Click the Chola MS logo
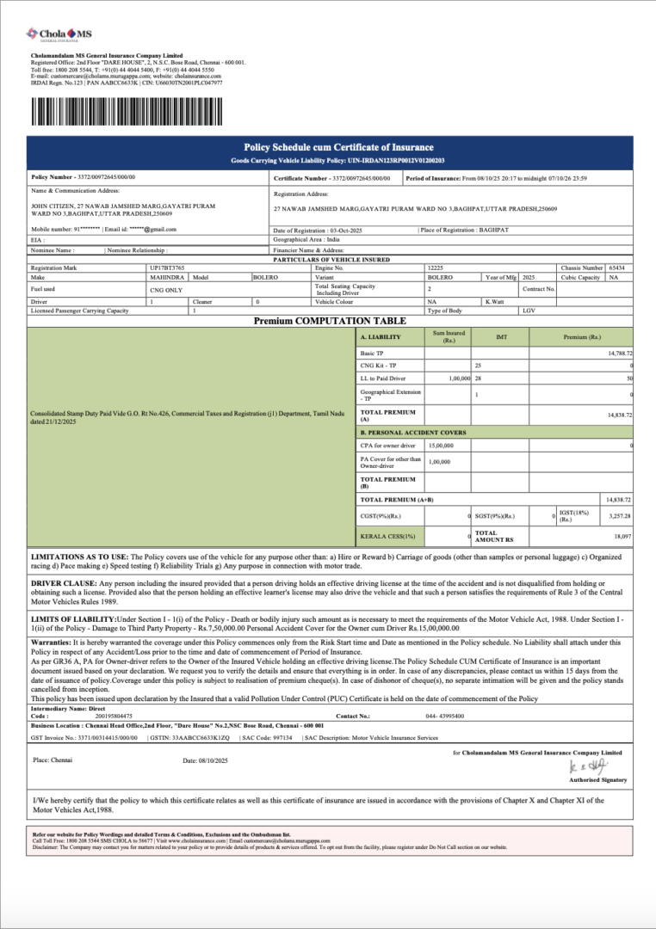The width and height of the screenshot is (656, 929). (x=59, y=35)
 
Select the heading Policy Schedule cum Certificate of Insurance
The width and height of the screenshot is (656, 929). (x=338, y=147)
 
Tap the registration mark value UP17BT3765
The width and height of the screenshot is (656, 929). (x=168, y=268)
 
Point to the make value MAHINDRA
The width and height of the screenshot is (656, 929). (x=166, y=278)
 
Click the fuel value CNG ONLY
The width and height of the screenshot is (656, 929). (x=166, y=291)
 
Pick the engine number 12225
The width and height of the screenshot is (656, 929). (x=436, y=268)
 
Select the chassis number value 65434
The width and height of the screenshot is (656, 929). (x=616, y=268)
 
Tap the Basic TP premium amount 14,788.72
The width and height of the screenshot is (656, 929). (x=619, y=354)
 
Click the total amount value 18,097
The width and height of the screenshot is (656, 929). (x=622, y=536)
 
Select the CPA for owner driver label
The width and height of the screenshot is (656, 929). (x=387, y=446)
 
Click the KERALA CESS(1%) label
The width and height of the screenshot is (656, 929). (x=387, y=537)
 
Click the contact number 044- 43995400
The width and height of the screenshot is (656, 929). (x=444, y=716)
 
